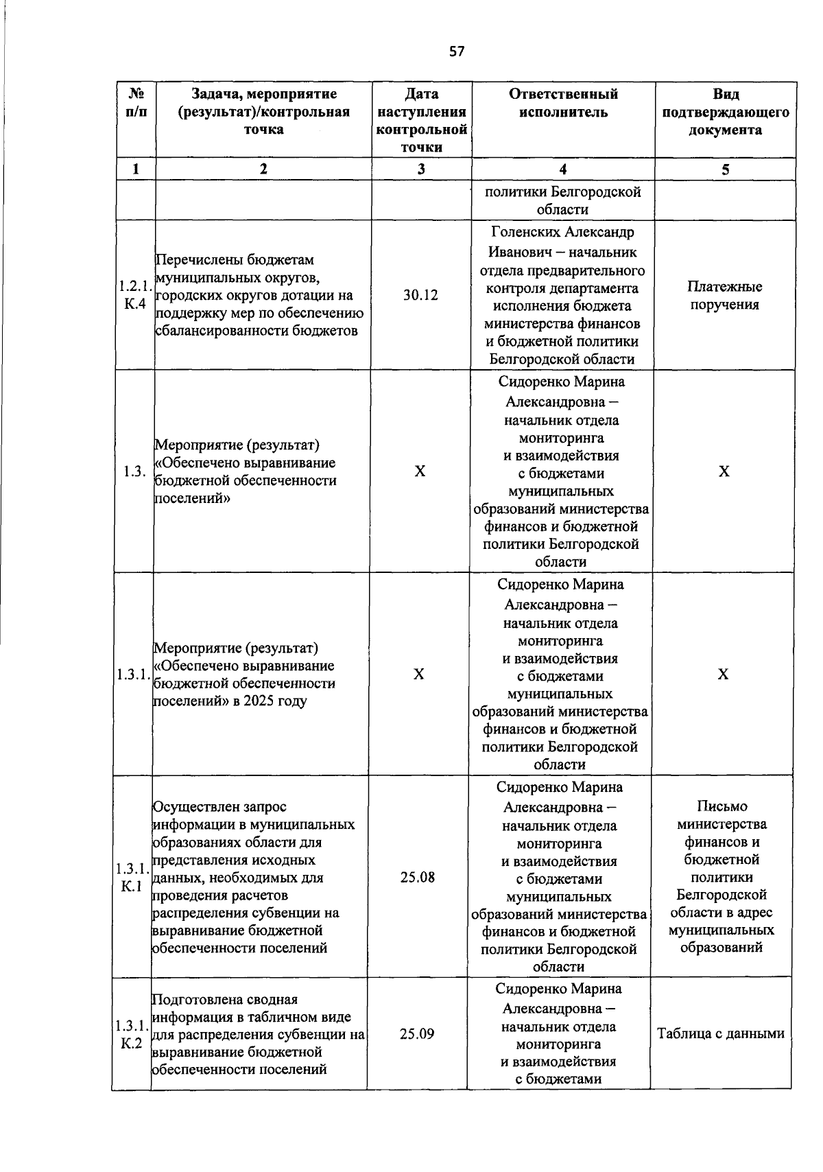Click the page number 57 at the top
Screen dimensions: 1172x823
click(x=457, y=51)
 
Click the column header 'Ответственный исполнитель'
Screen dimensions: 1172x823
click(x=563, y=103)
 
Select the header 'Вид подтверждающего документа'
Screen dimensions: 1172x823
click(x=726, y=112)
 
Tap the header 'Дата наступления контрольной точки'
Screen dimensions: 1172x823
click(x=421, y=121)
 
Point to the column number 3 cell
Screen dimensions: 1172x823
click(x=421, y=169)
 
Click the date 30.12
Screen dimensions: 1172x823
click(x=420, y=295)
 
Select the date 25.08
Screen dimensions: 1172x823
click(x=418, y=877)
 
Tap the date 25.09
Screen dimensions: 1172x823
click(x=417, y=1034)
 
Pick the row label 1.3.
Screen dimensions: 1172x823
click(x=134, y=471)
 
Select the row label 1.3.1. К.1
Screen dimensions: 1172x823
click(x=132, y=877)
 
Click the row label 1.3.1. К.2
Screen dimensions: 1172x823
click(x=131, y=1034)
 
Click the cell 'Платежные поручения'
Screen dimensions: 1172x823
click(x=725, y=296)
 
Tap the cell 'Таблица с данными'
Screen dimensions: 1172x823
click(x=721, y=1033)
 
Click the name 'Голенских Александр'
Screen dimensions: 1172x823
click(x=562, y=231)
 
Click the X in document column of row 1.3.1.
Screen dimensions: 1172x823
click(x=723, y=675)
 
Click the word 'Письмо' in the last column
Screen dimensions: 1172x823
click(x=721, y=806)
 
